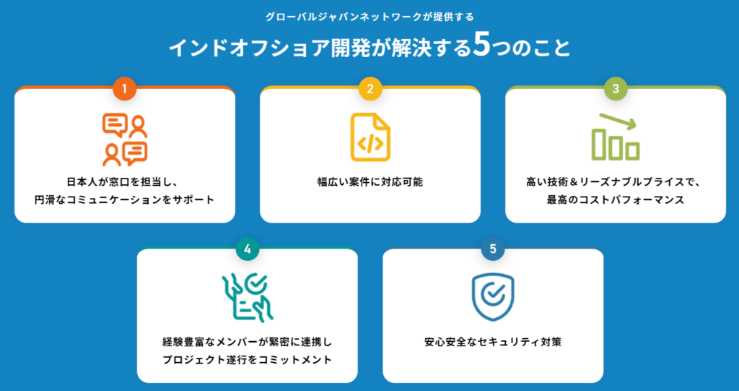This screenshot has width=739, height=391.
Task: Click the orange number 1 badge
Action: (x=125, y=89)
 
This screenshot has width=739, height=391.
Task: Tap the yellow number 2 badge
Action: (x=370, y=89)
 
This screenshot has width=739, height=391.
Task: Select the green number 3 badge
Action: (x=616, y=89)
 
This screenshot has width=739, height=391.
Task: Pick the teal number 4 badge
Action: (x=248, y=249)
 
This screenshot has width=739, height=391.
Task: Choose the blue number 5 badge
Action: (x=493, y=249)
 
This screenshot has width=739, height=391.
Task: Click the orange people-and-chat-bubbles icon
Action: (x=125, y=139)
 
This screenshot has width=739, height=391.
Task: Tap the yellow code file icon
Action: (x=370, y=137)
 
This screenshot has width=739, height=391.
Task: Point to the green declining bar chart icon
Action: (x=616, y=137)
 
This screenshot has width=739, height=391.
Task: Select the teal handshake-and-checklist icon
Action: (x=248, y=298)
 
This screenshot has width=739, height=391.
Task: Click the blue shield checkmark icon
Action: (x=493, y=298)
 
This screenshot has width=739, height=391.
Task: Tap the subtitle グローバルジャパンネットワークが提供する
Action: (x=369, y=17)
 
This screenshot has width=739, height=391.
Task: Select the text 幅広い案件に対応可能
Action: (x=370, y=182)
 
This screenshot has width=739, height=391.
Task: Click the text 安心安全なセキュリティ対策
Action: (x=493, y=342)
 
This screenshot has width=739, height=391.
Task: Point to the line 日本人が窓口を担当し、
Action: (x=124, y=182)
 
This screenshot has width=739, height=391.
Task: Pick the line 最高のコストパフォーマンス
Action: (x=616, y=199)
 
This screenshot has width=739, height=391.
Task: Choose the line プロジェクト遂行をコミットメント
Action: (x=248, y=360)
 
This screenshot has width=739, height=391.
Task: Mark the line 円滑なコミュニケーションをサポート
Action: (x=124, y=199)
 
